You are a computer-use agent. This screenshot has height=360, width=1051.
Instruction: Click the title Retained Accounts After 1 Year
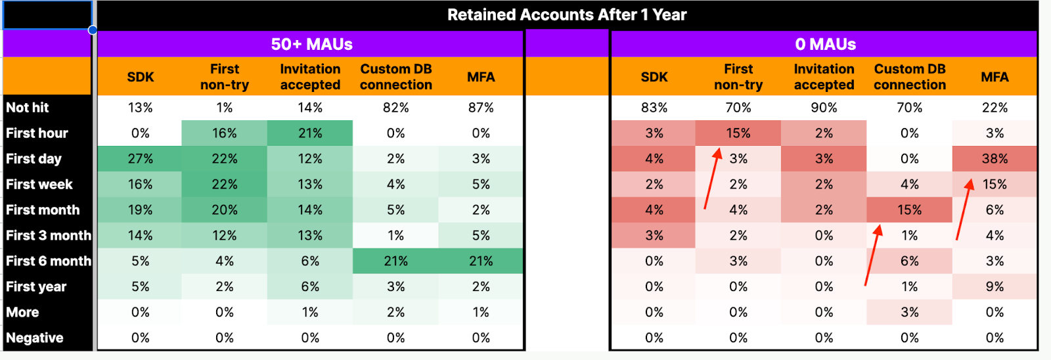pyautogui.click(x=566, y=15)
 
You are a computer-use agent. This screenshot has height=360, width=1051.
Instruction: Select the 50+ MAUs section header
pyautogui.click(x=311, y=44)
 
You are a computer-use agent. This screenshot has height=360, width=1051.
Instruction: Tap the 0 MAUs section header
pyautogui.click(x=825, y=44)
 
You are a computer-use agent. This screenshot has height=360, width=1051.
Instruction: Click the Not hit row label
pyautogui.click(x=28, y=108)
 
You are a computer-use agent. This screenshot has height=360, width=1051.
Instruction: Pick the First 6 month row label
pyautogui.click(x=48, y=261)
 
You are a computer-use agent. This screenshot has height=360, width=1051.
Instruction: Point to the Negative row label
pyautogui.click(x=35, y=338)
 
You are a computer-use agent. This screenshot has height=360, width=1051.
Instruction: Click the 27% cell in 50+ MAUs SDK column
pyautogui.click(x=140, y=159)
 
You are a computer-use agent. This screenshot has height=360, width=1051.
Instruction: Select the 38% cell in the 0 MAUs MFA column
pyautogui.click(x=995, y=159)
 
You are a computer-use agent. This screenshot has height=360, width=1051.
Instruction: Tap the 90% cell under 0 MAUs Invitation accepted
pyautogui.click(x=824, y=108)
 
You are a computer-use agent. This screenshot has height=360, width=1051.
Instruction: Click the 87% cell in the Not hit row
pyautogui.click(x=481, y=108)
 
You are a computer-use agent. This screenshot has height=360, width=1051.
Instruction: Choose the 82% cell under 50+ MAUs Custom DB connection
pyautogui.click(x=395, y=108)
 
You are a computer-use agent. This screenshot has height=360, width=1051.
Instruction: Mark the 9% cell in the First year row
pyautogui.click(x=995, y=286)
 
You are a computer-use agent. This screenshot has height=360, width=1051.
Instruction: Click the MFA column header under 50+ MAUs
pyautogui.click(x=481, y=77)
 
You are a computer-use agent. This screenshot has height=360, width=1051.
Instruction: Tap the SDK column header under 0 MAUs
pyautogui.click(x=654, y=77)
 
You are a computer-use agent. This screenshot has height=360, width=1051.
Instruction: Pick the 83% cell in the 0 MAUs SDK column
pyautogui.click(x=654, y=108)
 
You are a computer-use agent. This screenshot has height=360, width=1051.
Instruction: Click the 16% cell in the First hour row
pyautogui.click(x=224, y=133)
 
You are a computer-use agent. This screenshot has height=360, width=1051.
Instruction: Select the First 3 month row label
pyautogui.click(x=48, y=235)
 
